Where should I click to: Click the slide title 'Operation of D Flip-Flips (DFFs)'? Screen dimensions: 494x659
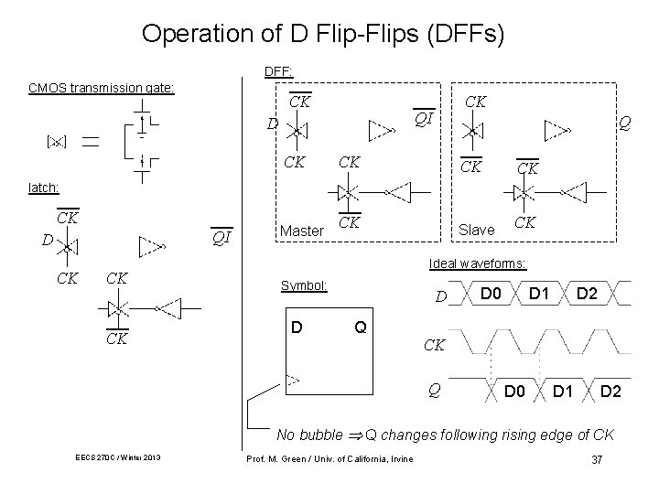323,34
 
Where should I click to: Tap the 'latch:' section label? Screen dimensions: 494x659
44,187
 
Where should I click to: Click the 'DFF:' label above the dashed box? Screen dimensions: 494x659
278,71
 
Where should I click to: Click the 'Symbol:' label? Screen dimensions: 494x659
303,285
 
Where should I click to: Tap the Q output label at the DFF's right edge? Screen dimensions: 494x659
623,122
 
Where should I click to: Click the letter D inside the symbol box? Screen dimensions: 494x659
297,327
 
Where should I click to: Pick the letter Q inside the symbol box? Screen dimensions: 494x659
361,327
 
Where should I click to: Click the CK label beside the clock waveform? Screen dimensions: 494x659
436,346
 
